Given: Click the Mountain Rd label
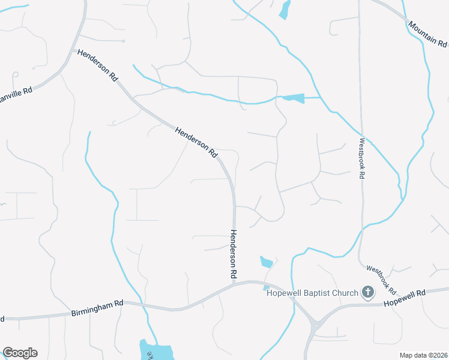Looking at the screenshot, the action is pyautogui.click(x=427, y=35).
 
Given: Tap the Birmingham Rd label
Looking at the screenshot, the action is pyautogui.click(x=97, y=308).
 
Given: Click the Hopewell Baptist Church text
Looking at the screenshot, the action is pyautogui.click(x=312, y=293).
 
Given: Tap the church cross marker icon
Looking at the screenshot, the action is pyautogui.click(x=368, y=293).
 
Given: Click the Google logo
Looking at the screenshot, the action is pyautogui.click(x=20, y=353).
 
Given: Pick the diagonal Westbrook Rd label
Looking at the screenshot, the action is pyautogui.click(x=381, y=280).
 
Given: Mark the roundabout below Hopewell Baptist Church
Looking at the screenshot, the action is pyautogui.click(x=314, y=326).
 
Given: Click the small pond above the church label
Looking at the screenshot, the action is pyautogui.click(x=266, y=262).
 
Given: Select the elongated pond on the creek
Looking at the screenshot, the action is pyautogui.click(x=293, y=98).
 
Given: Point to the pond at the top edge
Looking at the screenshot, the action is pyautogui.click(x=285, y=9).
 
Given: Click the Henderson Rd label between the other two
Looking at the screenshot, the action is pyautogui.click(x=196, y=142).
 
